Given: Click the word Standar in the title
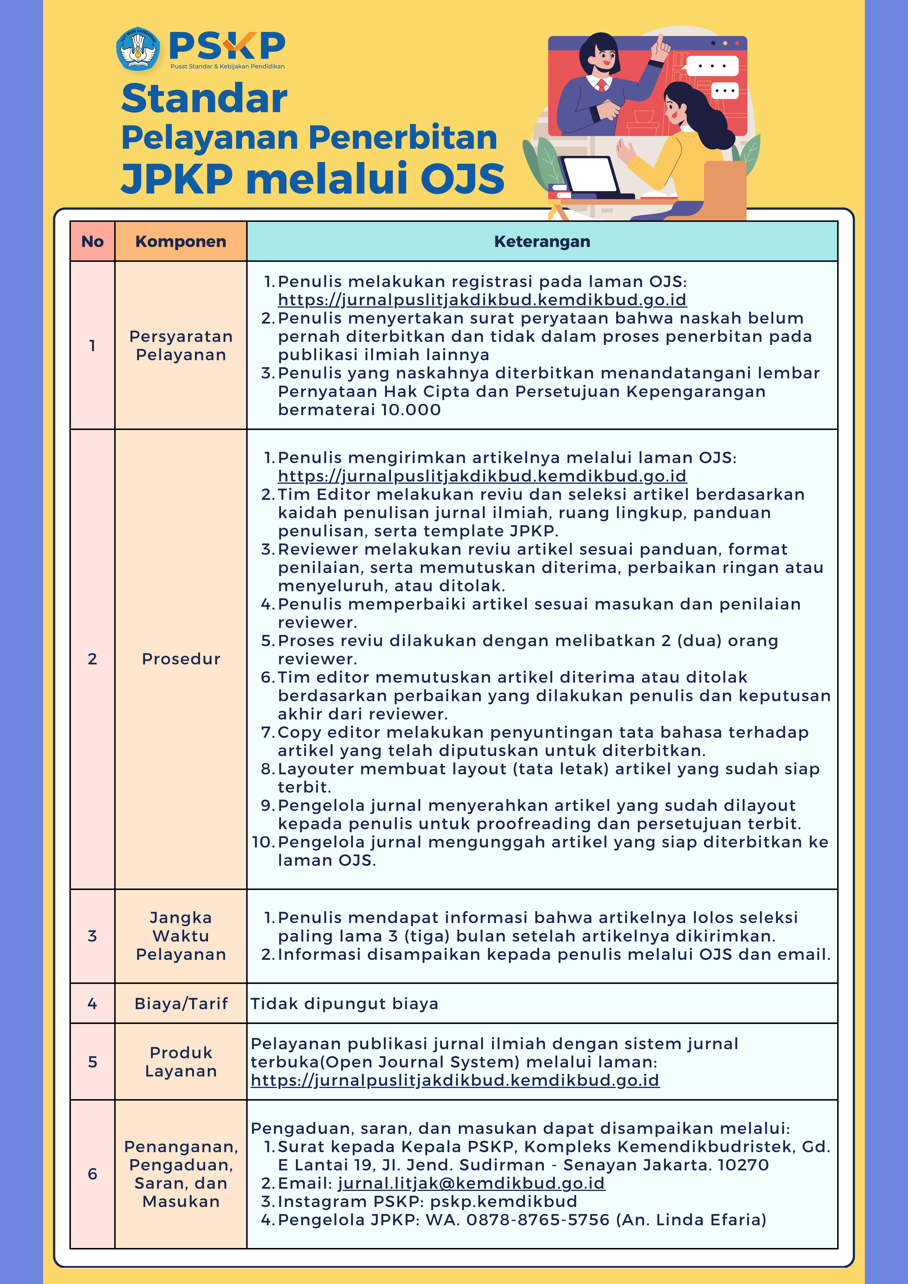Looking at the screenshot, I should click(204, 98).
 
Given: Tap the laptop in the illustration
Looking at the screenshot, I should click(590, 176).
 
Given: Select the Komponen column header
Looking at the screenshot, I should click(181, 242).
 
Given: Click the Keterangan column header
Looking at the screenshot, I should click(542, 242).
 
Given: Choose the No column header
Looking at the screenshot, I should click(92, 242).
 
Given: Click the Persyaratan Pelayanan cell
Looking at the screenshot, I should click(181, 346).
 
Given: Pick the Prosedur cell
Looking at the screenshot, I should click(181, 659).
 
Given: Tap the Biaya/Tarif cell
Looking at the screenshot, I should click(181, 1004).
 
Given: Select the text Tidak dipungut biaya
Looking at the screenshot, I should click(344, 1004).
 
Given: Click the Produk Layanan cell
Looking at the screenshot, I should click(181, 1062).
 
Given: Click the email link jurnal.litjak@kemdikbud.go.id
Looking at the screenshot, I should click(471, 1183).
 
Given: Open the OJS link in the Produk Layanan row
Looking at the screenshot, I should click(455, 1080).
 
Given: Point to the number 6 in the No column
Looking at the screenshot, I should click(92, 1174).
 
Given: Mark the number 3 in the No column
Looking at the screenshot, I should click(92, 936).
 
